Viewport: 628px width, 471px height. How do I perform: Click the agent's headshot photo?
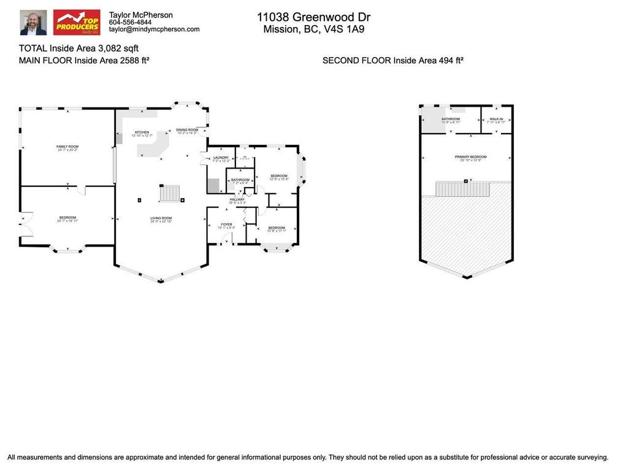pyautogui.click(x=33, y=22)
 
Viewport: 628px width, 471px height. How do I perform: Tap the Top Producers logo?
pyautogui.click(x=77, y=22)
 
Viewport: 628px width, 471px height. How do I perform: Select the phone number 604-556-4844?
pyautogui.click(x=130, y=22)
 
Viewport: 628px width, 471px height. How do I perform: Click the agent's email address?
pyautogui.click(x=154, y=29)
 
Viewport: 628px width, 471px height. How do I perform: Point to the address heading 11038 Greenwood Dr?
pyautogui.click(x=313, y=17)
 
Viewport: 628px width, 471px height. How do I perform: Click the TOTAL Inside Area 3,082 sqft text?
pyautogui.click(x=83, y=48)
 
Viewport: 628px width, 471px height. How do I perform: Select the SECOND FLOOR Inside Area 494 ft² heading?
pyautogui.click(x=392, y=60)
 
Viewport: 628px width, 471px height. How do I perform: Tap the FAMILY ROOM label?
pyautogui.click(x=67, y=147)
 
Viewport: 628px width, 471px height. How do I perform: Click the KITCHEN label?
pyautogui.click(x=142, y=132)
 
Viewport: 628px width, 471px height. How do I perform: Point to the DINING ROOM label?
pyautogui.click(x=187, y=129)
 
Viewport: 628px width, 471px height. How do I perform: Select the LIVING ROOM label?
pyautogui.click(x=161, y=218)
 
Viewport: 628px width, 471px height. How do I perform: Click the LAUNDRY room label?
pyautogui.click(x=221, y=158)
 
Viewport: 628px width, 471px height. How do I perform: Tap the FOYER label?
pyautogui.click(x=227, y=225)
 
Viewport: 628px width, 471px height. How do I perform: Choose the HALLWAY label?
pyautogui.click(x=237, y=199)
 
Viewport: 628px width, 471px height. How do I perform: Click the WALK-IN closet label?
pyautogui.click(x=497, y=119)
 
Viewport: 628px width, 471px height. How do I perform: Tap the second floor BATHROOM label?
pyautogui.click(x=451, y=119)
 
